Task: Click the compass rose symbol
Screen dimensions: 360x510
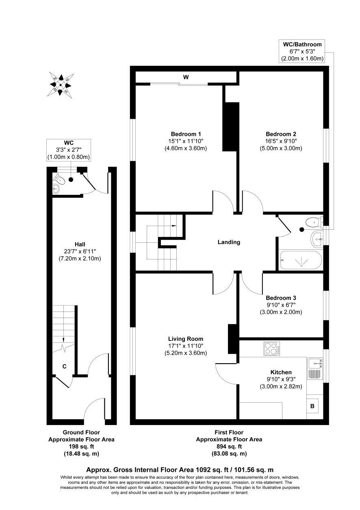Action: click(61, 85)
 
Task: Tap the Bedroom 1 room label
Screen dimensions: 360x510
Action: click(186, 134)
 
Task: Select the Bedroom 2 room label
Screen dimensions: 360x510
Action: click(281, 134)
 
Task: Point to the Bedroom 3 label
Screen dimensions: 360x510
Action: click(281, 298)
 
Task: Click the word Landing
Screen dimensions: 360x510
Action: click(229, 242)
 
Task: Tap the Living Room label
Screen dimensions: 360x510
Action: click(186, 339)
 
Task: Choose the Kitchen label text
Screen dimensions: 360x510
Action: click(281, 372)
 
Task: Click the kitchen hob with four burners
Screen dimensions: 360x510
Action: click(271, 349)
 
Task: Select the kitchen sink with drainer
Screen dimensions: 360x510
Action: click(315, 368)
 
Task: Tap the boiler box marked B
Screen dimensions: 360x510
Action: click(312, 406)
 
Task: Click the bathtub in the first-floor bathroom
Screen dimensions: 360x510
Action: click(301, 260)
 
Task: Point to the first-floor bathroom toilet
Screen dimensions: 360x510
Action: click(314, 222)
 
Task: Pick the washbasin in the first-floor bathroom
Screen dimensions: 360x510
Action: click(317, 239)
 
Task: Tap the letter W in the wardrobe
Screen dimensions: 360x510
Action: click(186, 77)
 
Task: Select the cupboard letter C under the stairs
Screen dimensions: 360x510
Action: click(64, 366)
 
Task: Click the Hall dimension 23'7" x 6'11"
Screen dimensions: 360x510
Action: click(80, 251)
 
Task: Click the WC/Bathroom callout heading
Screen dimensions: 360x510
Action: click(302, 44)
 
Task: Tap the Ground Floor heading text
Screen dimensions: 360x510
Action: click(81, 432)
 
